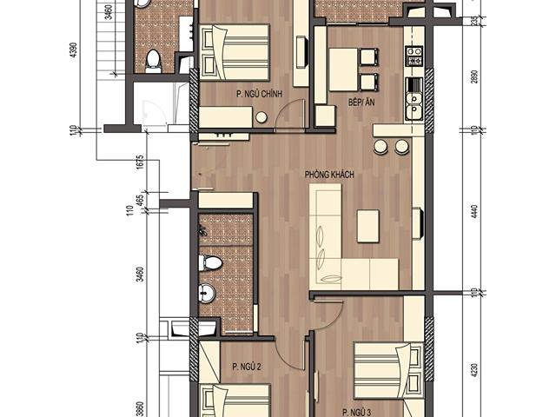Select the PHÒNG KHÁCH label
(328, 175)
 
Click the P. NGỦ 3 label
(357, 409)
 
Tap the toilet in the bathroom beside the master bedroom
(154, 60)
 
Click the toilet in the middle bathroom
(211, 263)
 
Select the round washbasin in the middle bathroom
(207, 292)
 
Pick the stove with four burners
(414, 57)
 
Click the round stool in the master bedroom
(261, 119)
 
